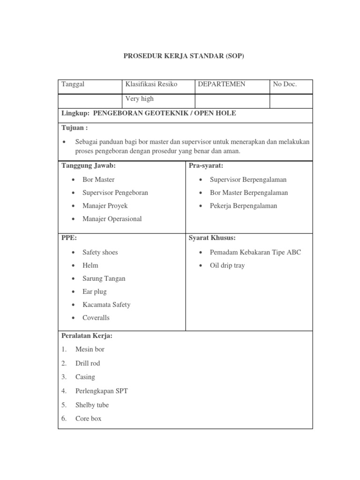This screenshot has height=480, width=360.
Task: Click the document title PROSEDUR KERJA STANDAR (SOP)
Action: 184,56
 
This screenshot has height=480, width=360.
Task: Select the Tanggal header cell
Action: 73,84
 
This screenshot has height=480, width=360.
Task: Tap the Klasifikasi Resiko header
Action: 151,84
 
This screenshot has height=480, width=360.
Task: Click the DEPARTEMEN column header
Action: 222,84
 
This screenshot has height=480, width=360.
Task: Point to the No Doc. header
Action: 285,84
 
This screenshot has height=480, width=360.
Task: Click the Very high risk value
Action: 139,99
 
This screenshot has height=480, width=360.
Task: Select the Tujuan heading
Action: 75,128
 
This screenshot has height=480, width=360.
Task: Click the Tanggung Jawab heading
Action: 89,165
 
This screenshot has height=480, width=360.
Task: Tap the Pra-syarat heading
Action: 206,165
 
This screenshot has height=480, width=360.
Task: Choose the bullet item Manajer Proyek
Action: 105,206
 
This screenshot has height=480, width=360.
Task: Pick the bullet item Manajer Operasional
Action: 112,219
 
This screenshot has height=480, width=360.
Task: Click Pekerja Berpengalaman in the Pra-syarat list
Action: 243,206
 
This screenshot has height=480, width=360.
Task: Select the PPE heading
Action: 69,238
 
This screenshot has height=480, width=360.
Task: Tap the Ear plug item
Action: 95,292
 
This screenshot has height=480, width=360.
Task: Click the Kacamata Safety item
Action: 106,305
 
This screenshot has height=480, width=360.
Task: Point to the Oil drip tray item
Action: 227,265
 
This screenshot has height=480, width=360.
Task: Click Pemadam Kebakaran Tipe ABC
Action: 255,252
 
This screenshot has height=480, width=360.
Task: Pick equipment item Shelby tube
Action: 92,405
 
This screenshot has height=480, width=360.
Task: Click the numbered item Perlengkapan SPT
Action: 101,390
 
